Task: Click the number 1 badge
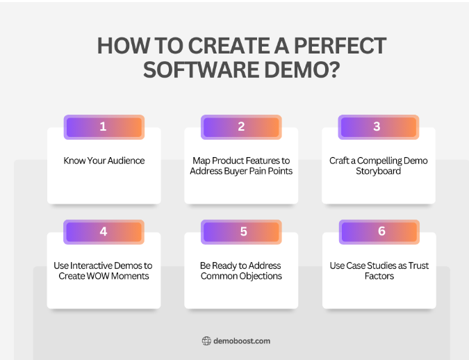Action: pos(104,127)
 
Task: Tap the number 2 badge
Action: pos(241,127)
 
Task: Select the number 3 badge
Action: pos(377,127)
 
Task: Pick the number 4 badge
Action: pos(104,231)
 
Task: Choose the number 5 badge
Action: pos(241,231)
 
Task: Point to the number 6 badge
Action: pos(381,231)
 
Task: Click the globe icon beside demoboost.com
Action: pos(206,341)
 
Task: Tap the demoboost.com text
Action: pos(242,341)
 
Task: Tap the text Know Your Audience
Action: pos(104,161)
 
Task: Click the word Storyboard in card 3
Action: pos(379,171)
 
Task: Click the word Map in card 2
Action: pos(201,161)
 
